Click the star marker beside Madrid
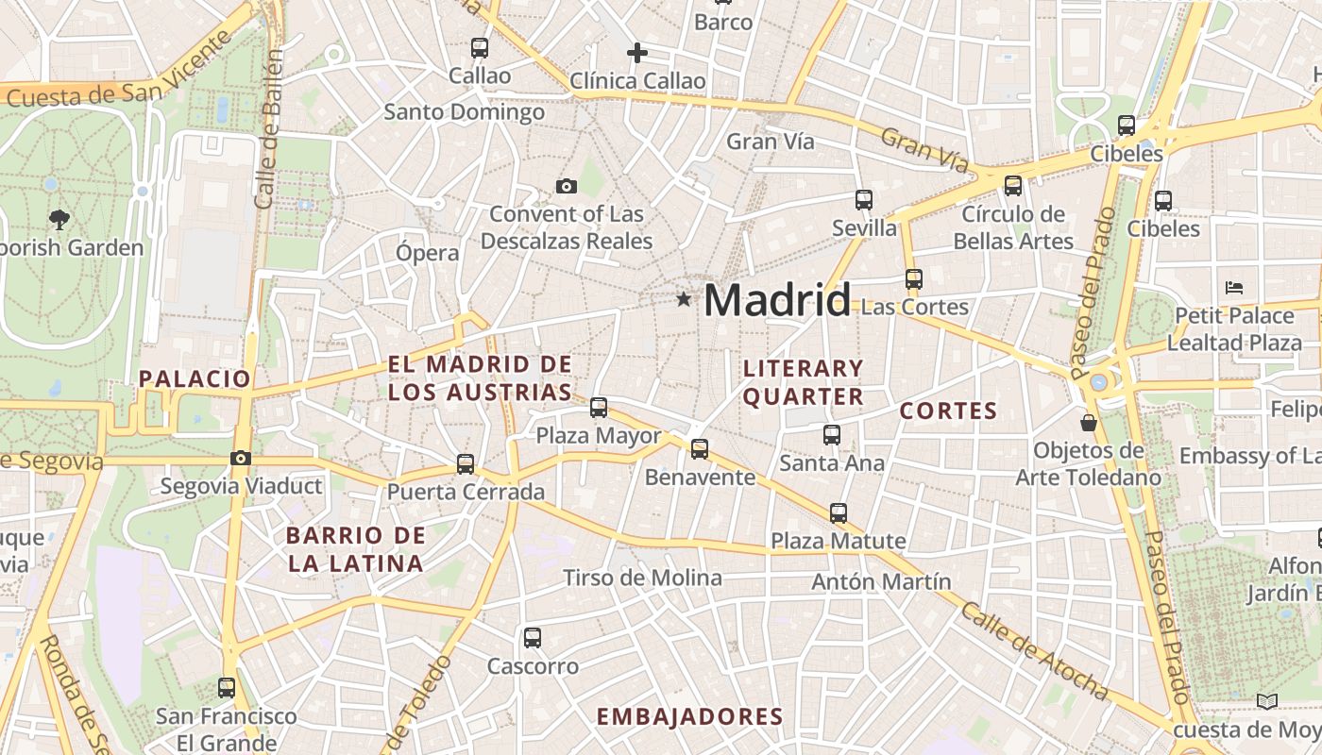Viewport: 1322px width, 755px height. coord(684,299)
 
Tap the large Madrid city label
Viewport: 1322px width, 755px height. coord(776,300)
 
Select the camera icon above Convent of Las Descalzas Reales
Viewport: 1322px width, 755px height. coord(567,186)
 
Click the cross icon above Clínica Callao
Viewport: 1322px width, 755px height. coord(637,53)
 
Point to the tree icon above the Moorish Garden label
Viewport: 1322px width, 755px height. coord(59,220)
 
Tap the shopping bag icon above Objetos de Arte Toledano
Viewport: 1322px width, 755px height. coord(1089,422)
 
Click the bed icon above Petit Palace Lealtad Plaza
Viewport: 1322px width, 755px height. coord(1233,287)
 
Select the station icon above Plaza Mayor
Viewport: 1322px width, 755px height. coord(599,408)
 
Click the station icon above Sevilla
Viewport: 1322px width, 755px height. coord(864,199)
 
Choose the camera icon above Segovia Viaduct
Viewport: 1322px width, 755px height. coord(241,459)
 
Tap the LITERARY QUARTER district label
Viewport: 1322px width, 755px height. coord(803,382)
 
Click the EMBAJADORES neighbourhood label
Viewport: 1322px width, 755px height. coord(689,716)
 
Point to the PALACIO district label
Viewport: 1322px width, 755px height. coord(195,378)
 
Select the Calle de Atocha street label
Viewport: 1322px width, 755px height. coord(1034,650)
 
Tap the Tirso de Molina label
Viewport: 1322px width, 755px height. coord(642,578)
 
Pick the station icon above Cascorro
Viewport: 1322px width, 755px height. coord(533,638)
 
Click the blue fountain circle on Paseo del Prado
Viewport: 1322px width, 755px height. coord(1098,383)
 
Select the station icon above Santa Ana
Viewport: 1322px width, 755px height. coord(832,435)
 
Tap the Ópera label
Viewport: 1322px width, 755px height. coord(427,253)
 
